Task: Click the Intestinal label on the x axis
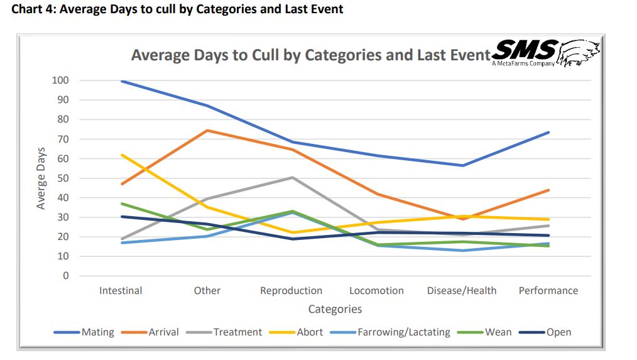click(121, 290)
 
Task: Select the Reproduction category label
click(291, 290)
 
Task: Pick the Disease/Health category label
click(462, 290)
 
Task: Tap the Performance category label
click(548, 290)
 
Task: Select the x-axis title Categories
click(335, 309)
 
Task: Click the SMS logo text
click(525, 50)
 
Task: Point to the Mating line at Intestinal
click(121, 81)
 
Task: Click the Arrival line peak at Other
click(207, 131)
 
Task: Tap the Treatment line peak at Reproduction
click(292, 177)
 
